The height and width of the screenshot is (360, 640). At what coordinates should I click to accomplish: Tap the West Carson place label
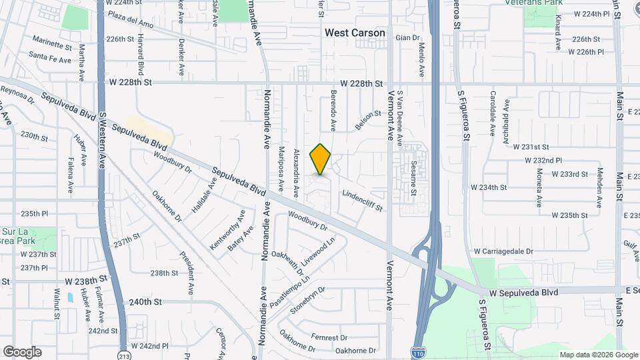(x=355, y=33)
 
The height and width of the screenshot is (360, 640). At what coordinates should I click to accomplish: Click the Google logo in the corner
(x=22, y=352)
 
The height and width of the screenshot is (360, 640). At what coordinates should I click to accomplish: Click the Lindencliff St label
(x=363, y=201)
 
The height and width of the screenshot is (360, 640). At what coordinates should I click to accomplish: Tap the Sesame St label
(x=413, y=177)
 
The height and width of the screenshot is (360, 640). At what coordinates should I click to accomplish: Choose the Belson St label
(x=367, y=120)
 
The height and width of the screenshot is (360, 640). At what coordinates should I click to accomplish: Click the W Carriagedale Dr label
(x=503, y=251)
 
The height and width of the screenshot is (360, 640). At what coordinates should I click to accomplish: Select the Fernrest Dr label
(x=325, y=338)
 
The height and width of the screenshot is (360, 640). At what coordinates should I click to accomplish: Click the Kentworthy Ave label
(x=228, y=230)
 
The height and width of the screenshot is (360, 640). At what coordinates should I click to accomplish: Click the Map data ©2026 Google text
(x=598, y=355)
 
